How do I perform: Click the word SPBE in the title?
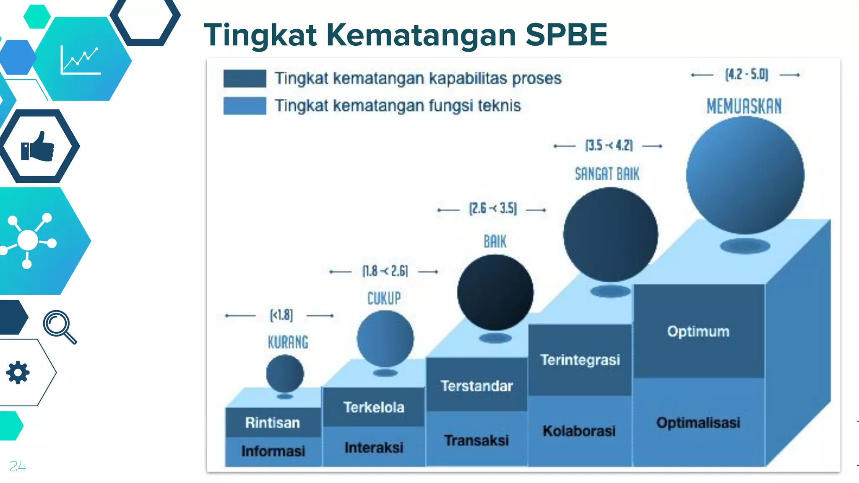tap(566, 34)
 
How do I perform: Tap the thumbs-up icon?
tap(38, 146)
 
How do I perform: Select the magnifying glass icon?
tap(60, 327)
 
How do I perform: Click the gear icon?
tap(18, 372)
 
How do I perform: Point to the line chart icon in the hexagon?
tap(80, 60)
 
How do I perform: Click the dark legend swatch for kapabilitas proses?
tap(245, 78)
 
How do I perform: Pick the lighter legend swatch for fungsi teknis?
tap(245, 106)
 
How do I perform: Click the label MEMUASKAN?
tap(744, 106)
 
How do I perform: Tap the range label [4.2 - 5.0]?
tap(747, 75)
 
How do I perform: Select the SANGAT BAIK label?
tap(607, 174)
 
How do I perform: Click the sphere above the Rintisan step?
tap(285, 373)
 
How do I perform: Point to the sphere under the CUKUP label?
tap(385, 339)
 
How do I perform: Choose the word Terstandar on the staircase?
tap(476, 386)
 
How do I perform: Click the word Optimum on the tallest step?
tap(698, 331)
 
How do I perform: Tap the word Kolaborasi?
tap(579, 431)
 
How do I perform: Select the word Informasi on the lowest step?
tap(273, 451)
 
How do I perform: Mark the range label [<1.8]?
tap(281, 315)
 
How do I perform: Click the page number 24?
tap(18, 466)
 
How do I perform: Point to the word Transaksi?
tap(476, 440)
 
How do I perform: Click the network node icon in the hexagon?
tap(28, 240)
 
